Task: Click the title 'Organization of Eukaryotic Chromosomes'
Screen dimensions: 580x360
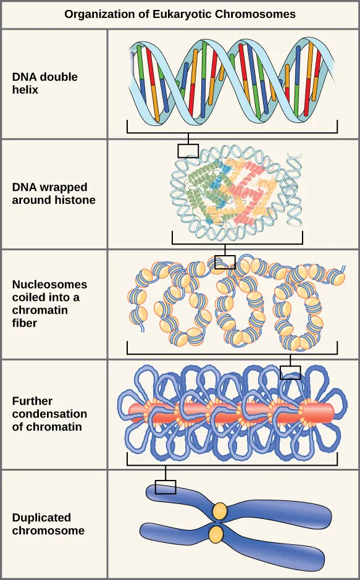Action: point(180,14)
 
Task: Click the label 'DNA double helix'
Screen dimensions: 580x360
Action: point(45,83)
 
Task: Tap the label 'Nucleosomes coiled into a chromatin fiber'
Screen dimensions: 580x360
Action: point(49,303)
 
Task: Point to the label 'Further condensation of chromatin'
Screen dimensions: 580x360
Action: point(49,414)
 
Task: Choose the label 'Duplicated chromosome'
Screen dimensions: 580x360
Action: point(48,524)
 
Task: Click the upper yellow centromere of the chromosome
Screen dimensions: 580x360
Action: point(219,511)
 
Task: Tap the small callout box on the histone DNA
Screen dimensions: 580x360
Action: point(188,150)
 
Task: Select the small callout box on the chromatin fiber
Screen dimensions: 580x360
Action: point(225,262)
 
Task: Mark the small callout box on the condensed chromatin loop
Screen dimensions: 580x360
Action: point(290,372)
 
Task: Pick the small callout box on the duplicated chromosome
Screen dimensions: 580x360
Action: point(165,487)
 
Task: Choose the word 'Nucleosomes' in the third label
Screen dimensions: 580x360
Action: point(49,285)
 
